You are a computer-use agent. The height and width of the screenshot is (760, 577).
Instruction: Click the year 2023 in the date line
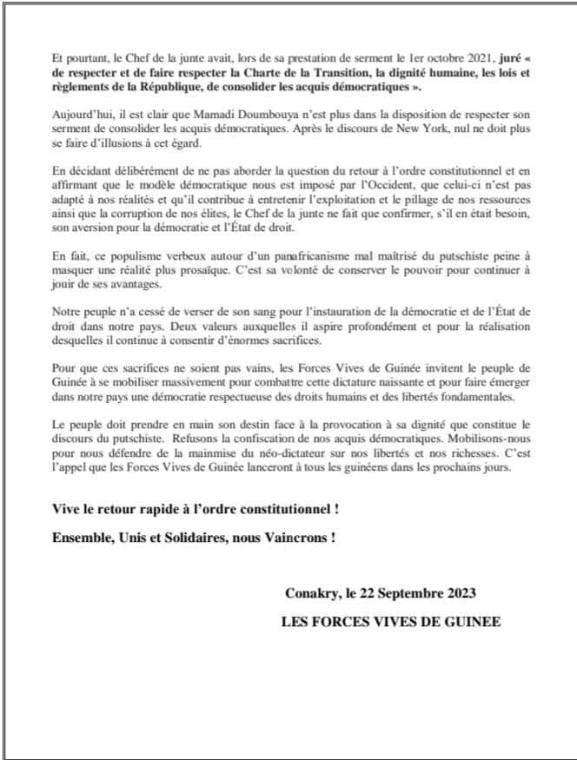(x=458, y=593)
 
